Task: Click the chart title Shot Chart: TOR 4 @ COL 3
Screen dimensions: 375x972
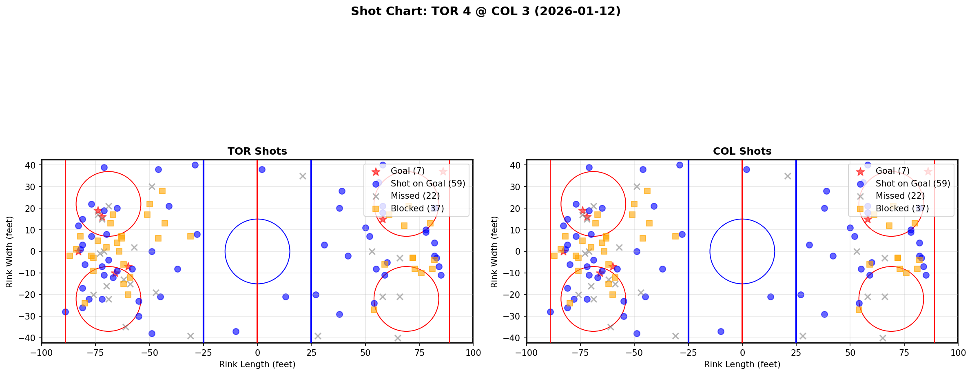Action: click(x=485, y=11)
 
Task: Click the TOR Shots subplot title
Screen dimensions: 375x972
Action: click(x=257, y=151)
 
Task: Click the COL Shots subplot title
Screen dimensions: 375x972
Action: click(x=742, y=151)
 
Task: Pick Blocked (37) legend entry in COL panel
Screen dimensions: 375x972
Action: click(x=902, y=209)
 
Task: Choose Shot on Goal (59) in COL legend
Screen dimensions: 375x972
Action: click(x=912, y=184)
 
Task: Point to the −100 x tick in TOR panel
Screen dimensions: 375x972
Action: click(x=42, y=353)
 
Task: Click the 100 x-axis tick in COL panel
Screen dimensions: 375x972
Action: click(x=957, y=353)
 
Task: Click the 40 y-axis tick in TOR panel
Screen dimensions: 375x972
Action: click(x=31, y=165)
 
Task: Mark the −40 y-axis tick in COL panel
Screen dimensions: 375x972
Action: click(x=514, y=338)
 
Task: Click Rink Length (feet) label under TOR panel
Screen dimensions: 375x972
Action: click(x=257, y=364)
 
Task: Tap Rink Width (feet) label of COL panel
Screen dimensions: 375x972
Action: click(x=494, y=252)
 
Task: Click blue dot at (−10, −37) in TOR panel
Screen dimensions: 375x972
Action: click(x=236, y=331)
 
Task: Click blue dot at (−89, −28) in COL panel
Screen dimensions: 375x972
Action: click(x=550, y=312)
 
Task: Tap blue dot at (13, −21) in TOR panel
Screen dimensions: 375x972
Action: click(x=286, y=297)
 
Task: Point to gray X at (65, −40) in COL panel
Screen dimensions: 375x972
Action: click(x=882, y=338)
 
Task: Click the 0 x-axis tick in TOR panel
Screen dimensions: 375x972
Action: click(x=257, y=353)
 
